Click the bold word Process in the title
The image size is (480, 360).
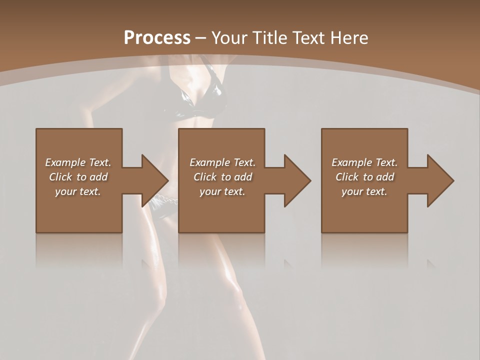click(x=157, y=38)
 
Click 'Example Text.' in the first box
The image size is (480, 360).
click(x=78, y=162)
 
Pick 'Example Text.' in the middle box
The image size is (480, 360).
click(x=222, y=162)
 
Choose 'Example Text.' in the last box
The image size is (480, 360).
click(x=364, y=162)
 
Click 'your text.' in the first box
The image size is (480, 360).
click(x=78, y=191)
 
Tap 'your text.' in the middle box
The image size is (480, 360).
click(x=222, y=191)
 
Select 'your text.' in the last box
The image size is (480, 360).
click(x=364, y=191)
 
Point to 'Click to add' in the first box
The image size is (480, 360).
click(x=78, y=177)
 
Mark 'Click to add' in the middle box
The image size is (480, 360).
click(x=222, y=177)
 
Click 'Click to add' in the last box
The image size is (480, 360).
click(x=364, y=177)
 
